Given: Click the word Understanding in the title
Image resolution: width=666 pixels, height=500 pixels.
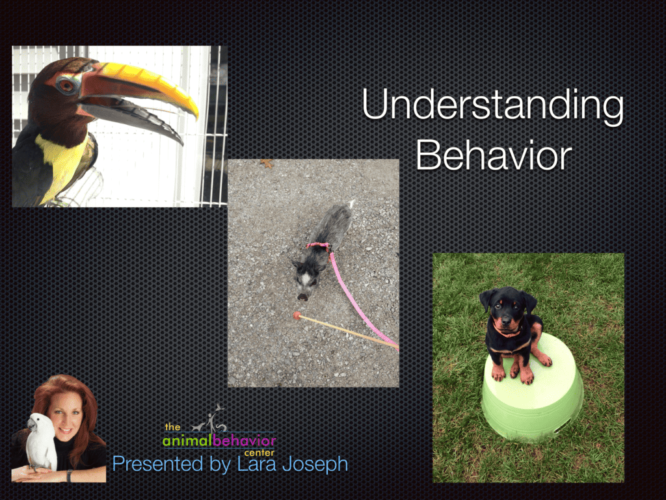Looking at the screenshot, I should click(x=492, y=106).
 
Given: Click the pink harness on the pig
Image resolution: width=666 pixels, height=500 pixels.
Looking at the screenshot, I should click(x=319, y=245).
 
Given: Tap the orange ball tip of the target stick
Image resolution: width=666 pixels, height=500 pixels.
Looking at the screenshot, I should click(x=297, y=316).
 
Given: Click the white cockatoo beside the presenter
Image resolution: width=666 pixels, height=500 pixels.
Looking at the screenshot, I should click(x=41, y=442).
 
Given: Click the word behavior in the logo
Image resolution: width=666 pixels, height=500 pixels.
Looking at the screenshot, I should click(x=244, y=441).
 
